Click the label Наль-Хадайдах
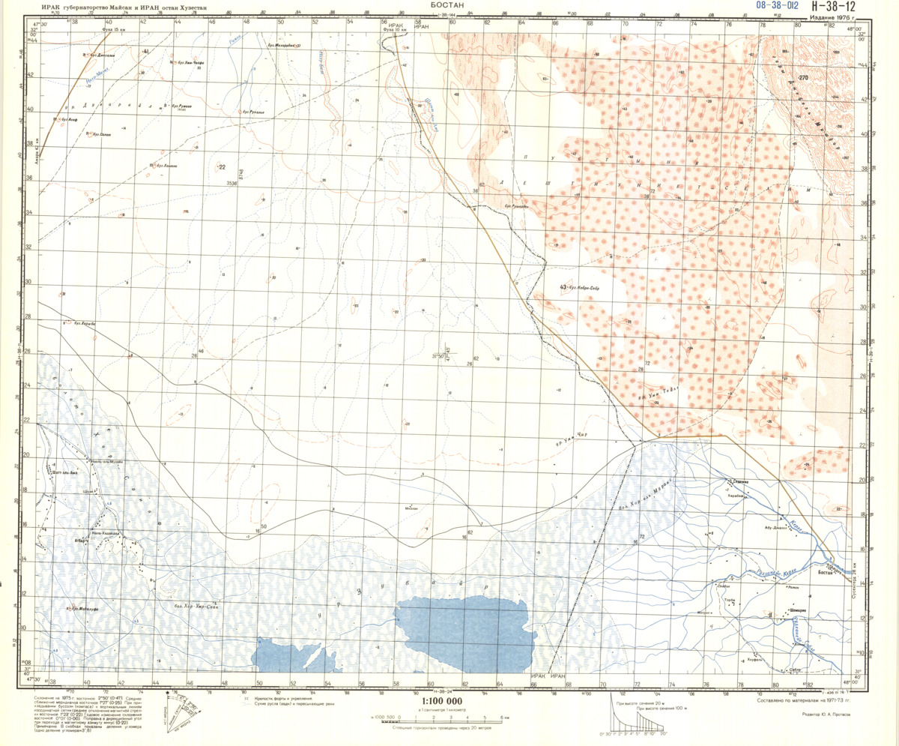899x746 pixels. coord(101,533)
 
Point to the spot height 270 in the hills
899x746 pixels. coord(804,79)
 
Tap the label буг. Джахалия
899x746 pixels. coord(101,54)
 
